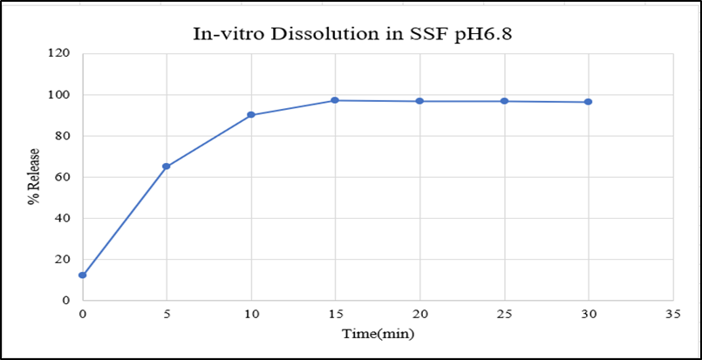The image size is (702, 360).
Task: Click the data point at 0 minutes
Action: click(82, 275)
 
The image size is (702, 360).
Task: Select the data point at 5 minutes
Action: click(167, 166)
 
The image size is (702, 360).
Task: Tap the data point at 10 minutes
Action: click(251, 115)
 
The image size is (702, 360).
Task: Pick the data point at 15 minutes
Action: click(335, 100)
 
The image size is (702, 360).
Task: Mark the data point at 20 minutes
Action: click(419, 101)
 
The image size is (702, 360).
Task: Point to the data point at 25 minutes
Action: click(504, 101)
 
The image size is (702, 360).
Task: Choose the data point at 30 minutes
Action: click(589, 102)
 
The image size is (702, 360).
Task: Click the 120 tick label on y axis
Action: click(60, 53)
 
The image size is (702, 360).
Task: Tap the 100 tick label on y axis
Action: click(60, 94)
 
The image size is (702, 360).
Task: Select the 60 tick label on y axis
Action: click(63, 177)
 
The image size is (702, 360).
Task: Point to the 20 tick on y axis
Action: click(63, 259)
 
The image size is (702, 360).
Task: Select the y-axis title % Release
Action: click(32, 176)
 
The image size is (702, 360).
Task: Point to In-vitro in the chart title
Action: click(228, 35)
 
